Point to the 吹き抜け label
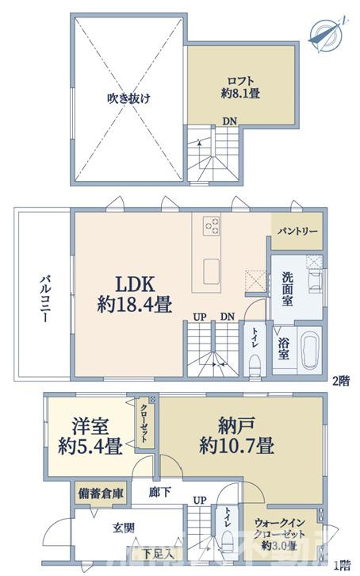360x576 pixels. pyautogui.click(x=128, y=99)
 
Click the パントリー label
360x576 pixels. pyautogui.click(x=297, y=231)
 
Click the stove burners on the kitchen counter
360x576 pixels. pyautogui.click(x=213, y=225)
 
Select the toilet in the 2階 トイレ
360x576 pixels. pyautogui.click(x=255, y=364)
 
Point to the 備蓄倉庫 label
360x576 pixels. pyautogui.click(x=101, y=493)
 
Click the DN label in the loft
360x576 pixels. pyautogui.click(x=228, y=121)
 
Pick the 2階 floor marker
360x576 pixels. pyautogui.click(x=339, y=380)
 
